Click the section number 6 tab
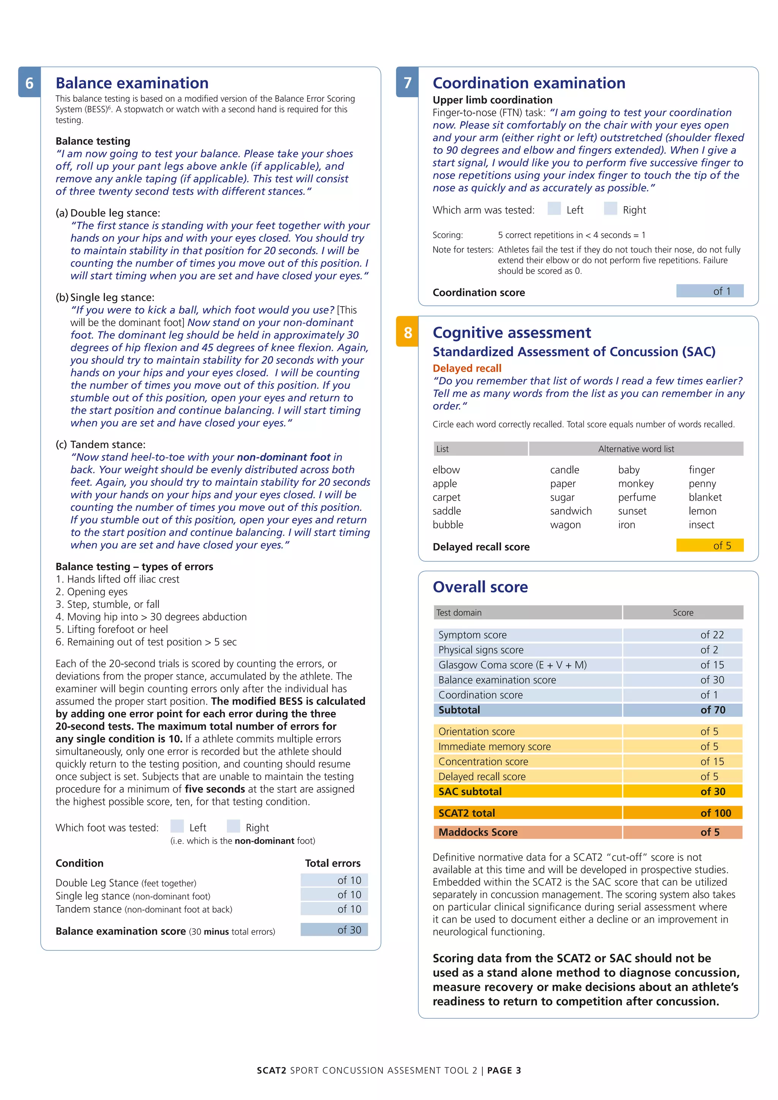tap(29, 82)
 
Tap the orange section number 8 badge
tap(407, 332)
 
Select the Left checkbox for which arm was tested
tap(554, 209)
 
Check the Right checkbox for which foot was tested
tap(233, 827)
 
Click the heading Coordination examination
tap(529, 83)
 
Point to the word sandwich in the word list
tap(571, 511)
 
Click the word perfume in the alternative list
tap(637, 497)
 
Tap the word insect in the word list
tap(701, 525)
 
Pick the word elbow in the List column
tap(446, 470)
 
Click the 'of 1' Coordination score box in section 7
tap(710, 291)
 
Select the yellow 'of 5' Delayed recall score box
tap(710, 546)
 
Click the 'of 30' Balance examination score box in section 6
tap(334, 930)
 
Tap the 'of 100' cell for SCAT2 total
tap(683, 813)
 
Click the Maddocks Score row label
tap(478, 832)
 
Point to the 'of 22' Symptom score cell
tap(683, 635)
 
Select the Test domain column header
tap(459, 613)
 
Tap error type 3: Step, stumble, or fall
tap(108, 605)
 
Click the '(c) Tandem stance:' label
tap(101, 445)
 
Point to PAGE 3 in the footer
tap(504, 1071)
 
